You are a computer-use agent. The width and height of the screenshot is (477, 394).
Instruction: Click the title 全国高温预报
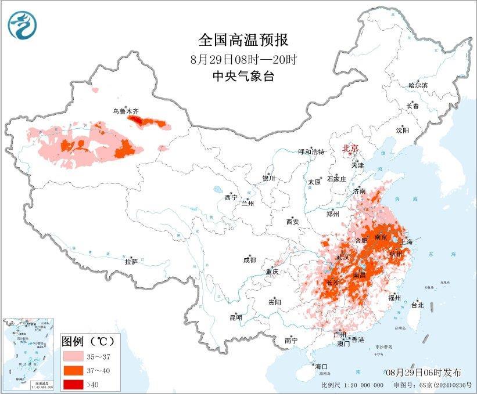(243, 40)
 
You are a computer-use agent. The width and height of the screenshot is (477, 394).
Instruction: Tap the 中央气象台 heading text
(243, 77)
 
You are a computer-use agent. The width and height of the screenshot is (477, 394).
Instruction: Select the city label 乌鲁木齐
(126, 110)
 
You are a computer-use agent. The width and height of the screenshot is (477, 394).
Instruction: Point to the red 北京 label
(351, 148)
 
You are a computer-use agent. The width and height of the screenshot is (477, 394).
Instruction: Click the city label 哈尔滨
(417, 85)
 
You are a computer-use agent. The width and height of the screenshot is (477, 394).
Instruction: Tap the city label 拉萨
(131, 262)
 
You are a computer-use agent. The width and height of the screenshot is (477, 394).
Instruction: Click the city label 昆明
(235, 317)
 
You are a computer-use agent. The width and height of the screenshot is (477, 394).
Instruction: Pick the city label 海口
(321, 366)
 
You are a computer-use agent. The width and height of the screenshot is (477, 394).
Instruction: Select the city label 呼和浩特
(310, 151)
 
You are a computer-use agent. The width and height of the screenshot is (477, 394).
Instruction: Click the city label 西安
(292, 222)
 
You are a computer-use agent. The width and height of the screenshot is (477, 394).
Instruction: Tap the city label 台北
(417, 305)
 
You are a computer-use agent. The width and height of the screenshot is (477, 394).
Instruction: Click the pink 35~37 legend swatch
(73, 354)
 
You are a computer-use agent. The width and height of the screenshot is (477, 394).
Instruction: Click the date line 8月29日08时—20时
(243, 59)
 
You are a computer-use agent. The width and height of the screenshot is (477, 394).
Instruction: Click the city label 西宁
(231, 198)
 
